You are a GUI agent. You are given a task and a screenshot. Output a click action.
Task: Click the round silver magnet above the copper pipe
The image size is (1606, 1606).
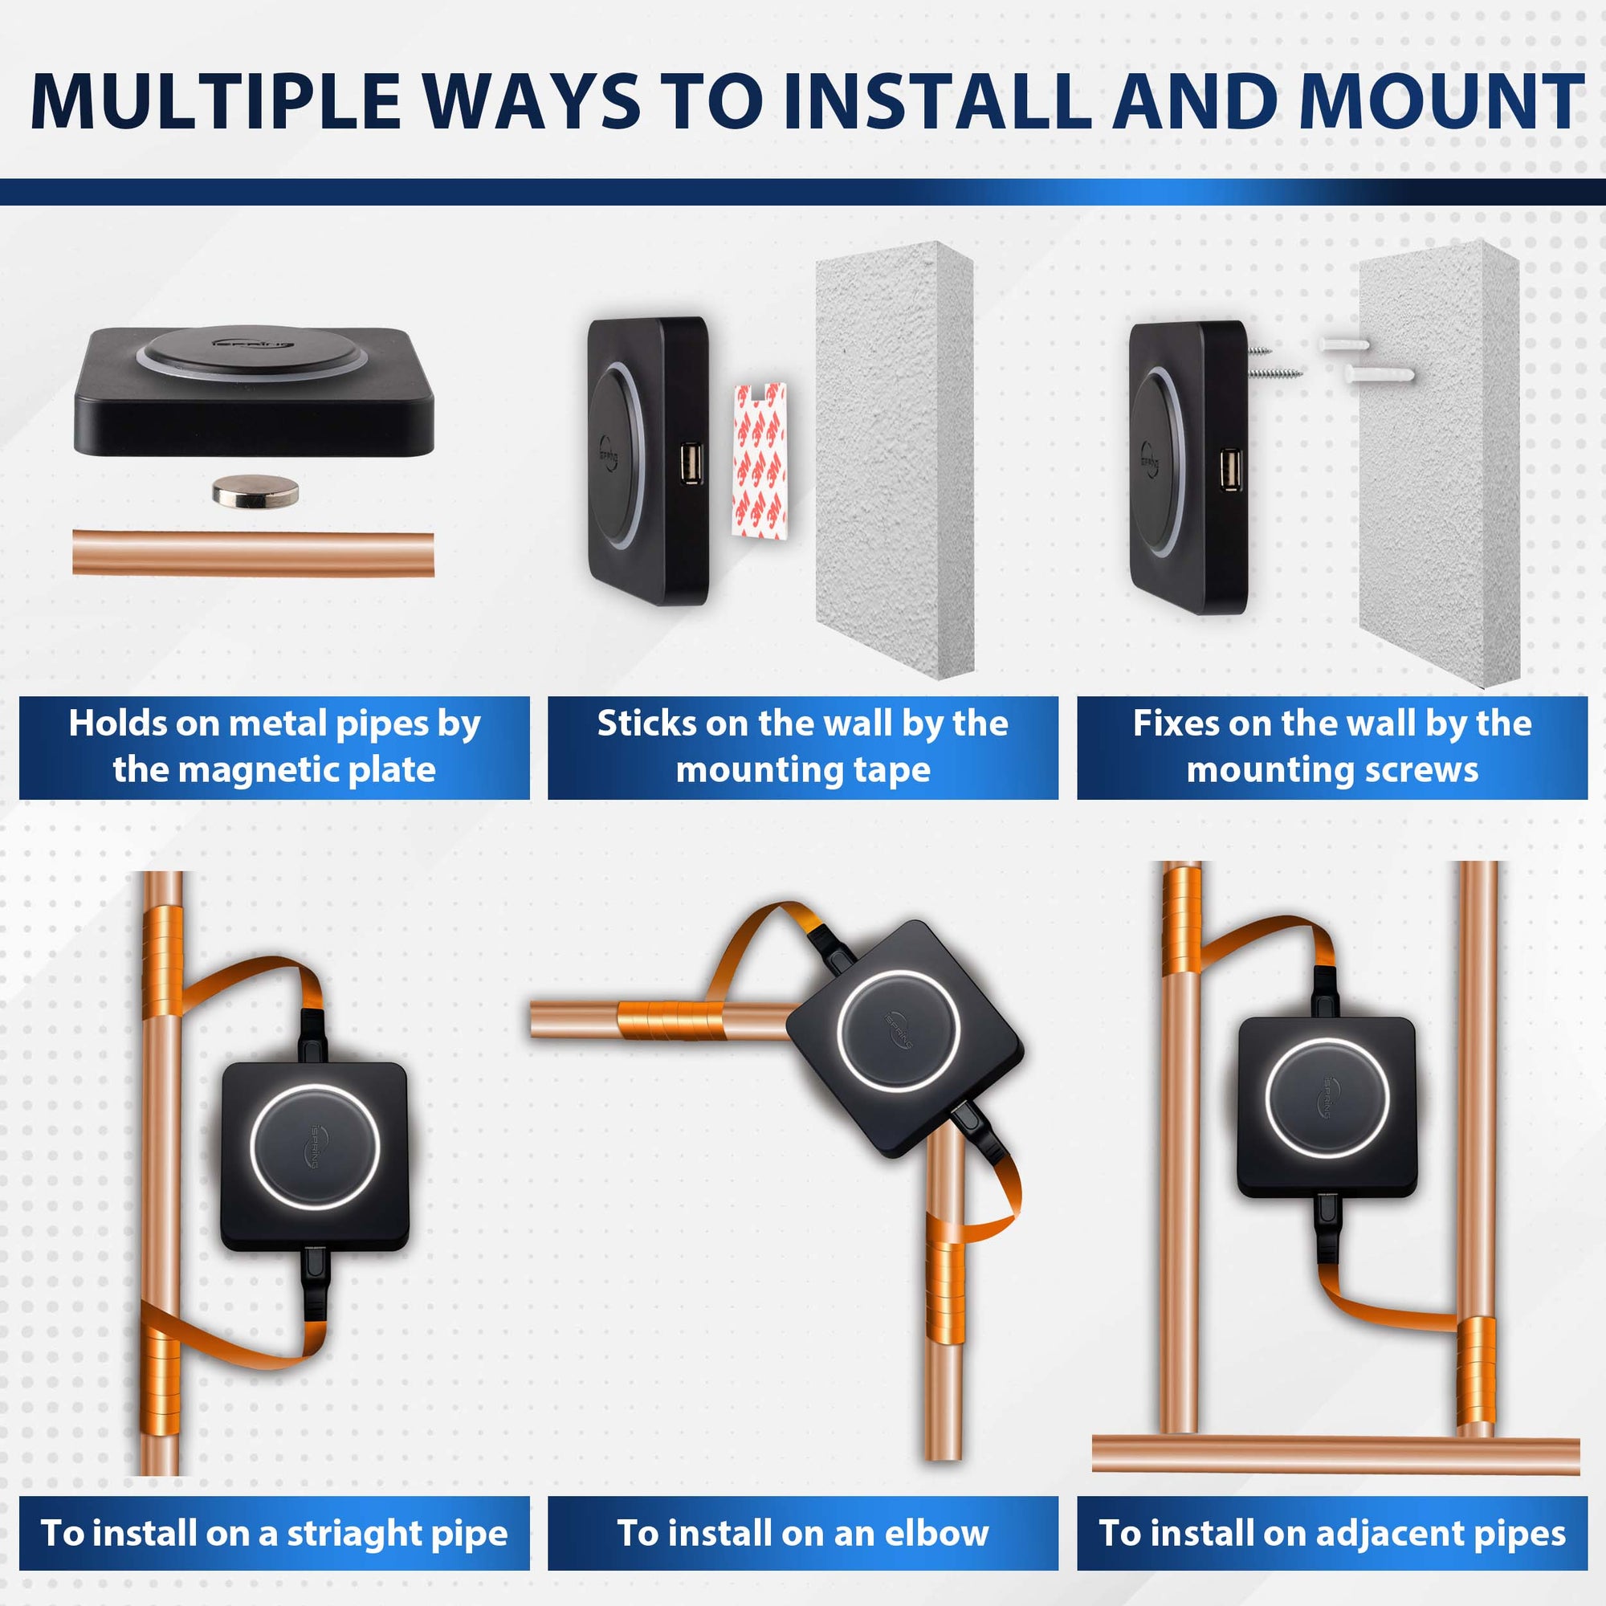click(255, 491)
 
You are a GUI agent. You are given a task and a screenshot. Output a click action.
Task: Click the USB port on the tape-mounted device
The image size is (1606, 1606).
click(690, 464)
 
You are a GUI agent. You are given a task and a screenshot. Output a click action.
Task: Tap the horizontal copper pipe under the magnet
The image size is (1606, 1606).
click(254, 553)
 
